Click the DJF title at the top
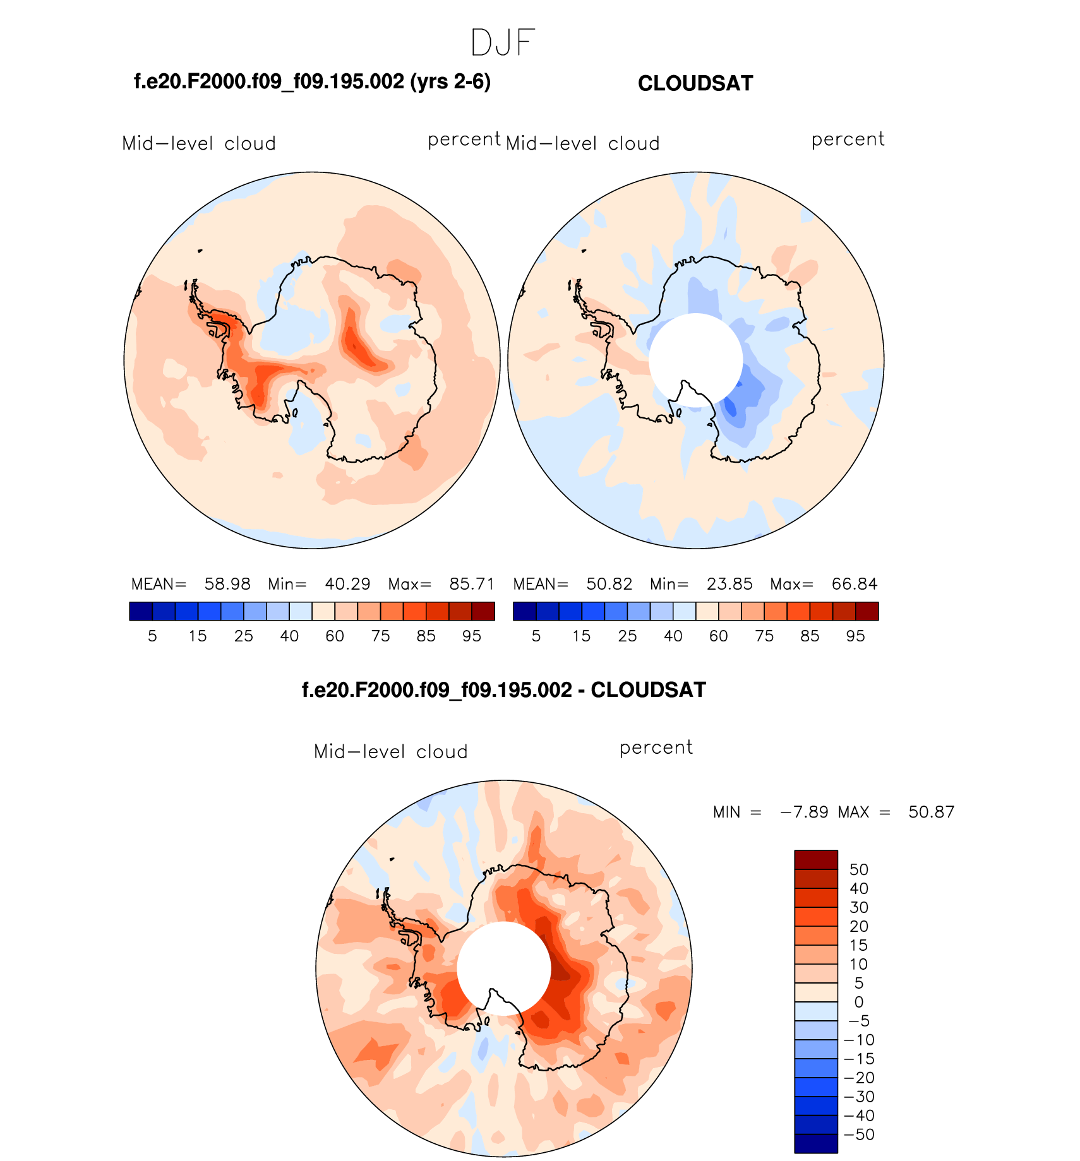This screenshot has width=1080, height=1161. [x=503, y=43]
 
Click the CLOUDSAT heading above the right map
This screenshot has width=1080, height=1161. [x=695, y=83]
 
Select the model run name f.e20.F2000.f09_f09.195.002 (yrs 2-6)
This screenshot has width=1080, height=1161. [x=312, y=81]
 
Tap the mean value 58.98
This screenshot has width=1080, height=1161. [x=227, y=584]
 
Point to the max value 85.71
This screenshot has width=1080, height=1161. [x=472, y=584]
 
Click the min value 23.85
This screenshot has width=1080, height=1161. [x=729, y=584]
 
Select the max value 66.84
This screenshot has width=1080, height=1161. [x=855, y=584]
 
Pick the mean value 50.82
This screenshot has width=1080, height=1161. [x=609, y=584]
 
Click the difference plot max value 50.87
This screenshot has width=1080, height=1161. [x=931, y=812]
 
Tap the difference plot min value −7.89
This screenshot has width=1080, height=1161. [x=804, y=812]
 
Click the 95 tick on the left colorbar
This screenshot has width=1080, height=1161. [x=472, y=636]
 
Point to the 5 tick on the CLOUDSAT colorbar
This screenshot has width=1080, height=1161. [x=536, y=636]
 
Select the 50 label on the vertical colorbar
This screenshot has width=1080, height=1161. [x=859, y=870]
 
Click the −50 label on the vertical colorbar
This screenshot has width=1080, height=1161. [x=859, y=1134]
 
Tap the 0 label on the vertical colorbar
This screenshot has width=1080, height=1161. [x=859, y=1002]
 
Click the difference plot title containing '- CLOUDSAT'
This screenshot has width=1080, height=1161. [x=503, y=690]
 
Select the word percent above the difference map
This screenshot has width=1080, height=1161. [x=656, y=747]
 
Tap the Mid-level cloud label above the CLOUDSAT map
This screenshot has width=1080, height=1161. [x=582, y=144]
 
